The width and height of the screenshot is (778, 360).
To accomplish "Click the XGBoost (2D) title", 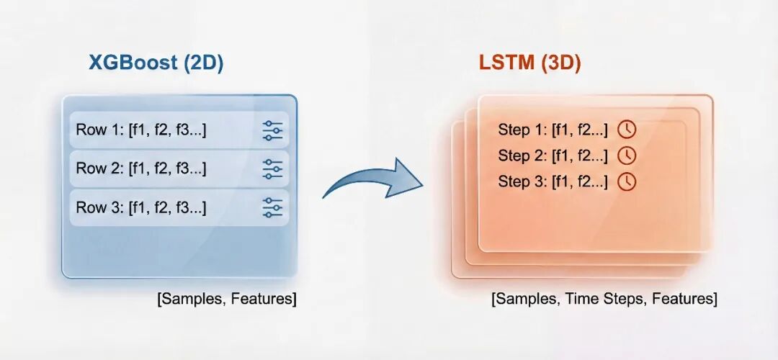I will tap(156, 63).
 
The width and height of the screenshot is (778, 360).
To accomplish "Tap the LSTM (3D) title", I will tap(529, 63).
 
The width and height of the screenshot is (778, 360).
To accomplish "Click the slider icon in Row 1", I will tap(272, 130).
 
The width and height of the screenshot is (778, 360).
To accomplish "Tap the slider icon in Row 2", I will tap(272, 169).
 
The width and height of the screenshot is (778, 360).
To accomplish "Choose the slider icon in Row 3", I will tap(272, 207).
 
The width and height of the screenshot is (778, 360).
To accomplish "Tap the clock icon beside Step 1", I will tap(627, 130).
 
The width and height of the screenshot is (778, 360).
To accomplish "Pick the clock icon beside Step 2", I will tap(627, 156).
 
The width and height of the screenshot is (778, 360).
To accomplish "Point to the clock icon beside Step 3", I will tap(627, 181).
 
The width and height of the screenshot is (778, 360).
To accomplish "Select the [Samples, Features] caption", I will tap(226, 299).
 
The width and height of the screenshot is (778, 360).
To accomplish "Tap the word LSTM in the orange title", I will tap(505, 63).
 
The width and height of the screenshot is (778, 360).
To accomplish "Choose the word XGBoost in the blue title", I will tap(133, 63).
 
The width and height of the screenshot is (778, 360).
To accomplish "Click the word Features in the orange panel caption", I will tap(682, 299).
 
